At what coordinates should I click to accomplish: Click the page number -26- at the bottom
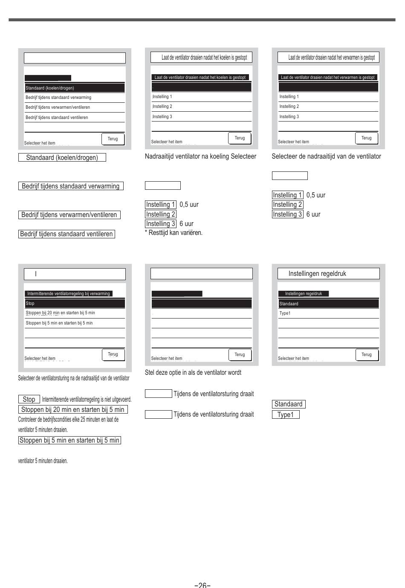[x=202, y=585]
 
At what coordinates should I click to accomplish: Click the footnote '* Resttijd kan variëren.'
[x=174, y=233]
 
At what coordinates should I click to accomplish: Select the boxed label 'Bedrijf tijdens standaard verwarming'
[x=71, y=186]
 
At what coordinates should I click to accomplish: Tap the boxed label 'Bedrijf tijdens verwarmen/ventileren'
[x=69, y=215]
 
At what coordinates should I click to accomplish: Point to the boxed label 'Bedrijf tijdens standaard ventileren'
[x=67, y=234]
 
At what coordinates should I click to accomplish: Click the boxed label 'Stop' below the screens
[x=29, y=400]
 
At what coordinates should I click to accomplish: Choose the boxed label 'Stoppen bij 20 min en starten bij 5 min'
[x=73, y=410]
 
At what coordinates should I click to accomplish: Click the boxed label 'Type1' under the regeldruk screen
[x=286, y=414]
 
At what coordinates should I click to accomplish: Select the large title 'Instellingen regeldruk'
[x=317, y=274]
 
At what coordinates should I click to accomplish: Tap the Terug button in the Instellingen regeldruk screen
[x=367, y=354]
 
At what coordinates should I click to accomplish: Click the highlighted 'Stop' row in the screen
[x=75, y=304]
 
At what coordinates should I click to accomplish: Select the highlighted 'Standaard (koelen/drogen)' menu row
[x=75, y=88]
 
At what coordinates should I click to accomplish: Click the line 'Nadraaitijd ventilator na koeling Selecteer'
[x=200, y=156]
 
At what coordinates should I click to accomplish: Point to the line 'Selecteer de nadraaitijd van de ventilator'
[x=326, y=156]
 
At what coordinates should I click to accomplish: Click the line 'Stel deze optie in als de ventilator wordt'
[x=193, y=373]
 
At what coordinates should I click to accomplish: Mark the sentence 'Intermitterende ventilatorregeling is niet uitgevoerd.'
[x=87, y=400]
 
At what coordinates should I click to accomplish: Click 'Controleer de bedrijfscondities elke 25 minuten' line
[x=68, y=420]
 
